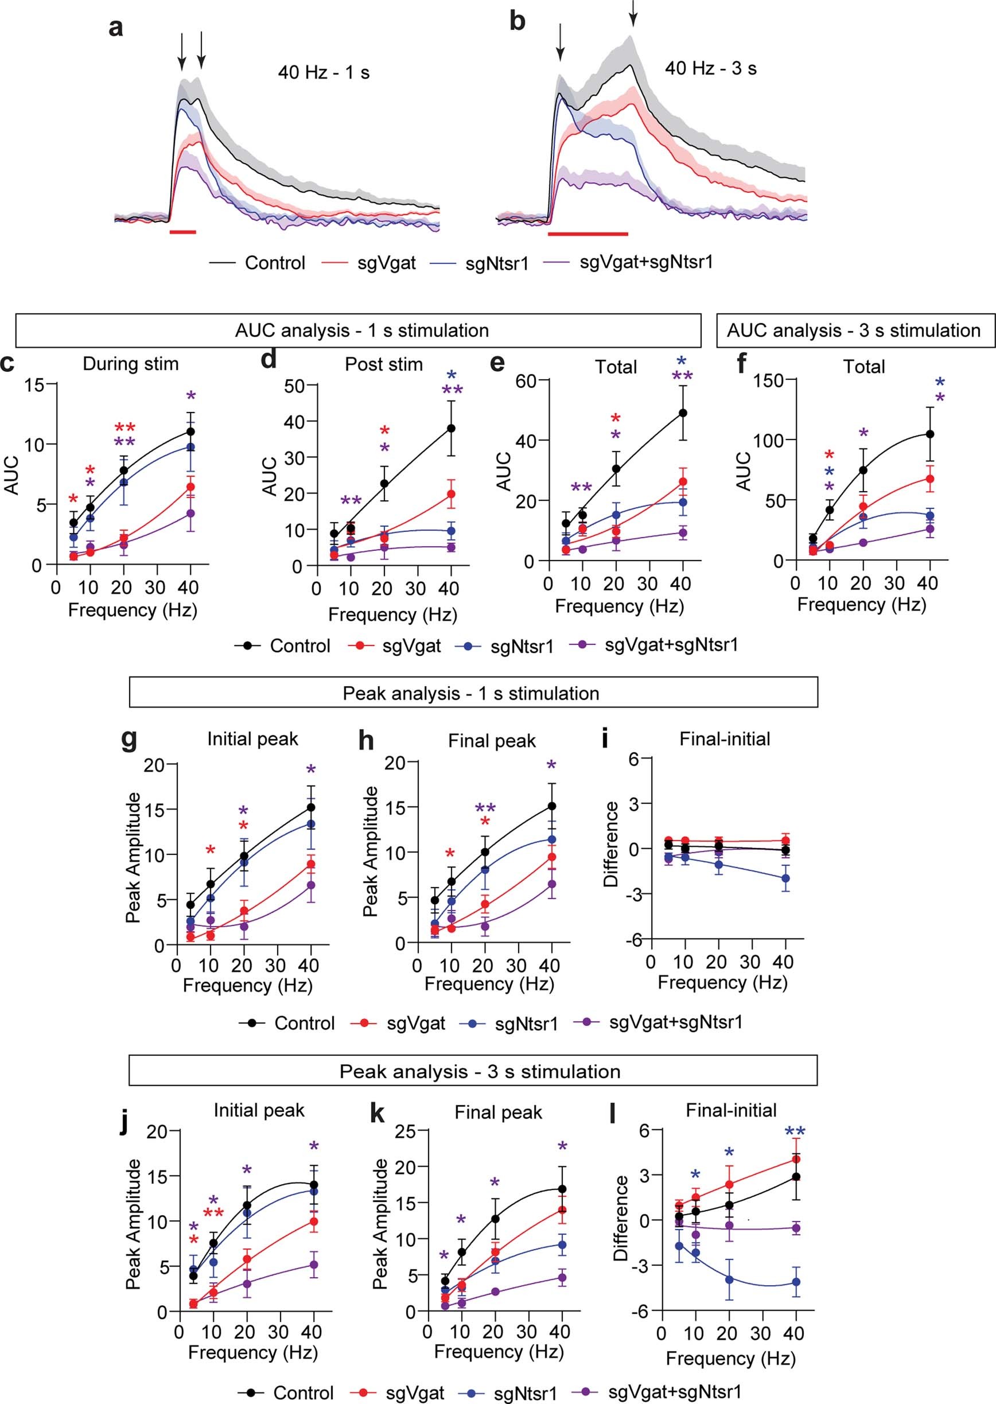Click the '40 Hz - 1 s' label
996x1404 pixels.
(x=323, y=73)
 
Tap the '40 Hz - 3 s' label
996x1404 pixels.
(x=710, y=68)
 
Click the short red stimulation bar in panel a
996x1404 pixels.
(x=183, y=232)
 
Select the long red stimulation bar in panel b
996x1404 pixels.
(x=588, y=234)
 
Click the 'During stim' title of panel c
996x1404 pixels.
(x=131, y=364)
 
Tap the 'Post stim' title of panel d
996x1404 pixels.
(x=384, y=364)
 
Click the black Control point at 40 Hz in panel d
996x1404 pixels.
(x=452, y=428)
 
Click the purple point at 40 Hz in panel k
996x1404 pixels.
(x=562, y=1277)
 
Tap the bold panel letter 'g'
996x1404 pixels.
(x=129, y=738)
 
